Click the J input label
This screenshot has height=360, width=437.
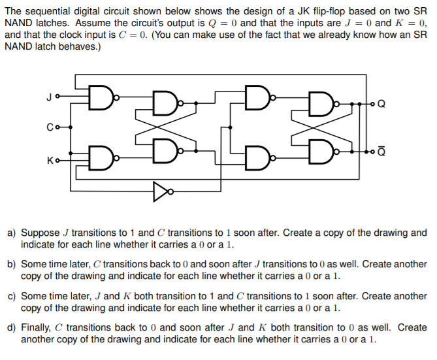[48, 99]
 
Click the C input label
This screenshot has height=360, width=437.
[48, 127]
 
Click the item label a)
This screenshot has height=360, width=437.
[12, 233]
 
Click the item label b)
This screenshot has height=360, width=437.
[12, 265]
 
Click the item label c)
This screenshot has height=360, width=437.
[12, 296]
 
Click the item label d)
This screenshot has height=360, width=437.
[12, 327]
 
